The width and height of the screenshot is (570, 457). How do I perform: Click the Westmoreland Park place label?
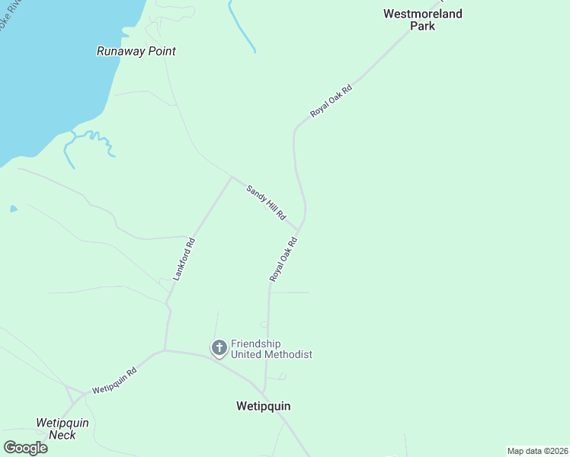pyautogui.click(x=422, y=20)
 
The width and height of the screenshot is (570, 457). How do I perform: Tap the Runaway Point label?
pyautogui.click(x=136, y=51)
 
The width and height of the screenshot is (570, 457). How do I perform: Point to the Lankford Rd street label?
pyautogui.click(x=184, y=260)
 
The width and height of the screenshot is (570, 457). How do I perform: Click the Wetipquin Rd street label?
pyautogui.click(x=114, y=379)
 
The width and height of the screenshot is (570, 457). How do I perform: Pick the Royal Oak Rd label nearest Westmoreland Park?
pyautogui.click(x=331, y=101)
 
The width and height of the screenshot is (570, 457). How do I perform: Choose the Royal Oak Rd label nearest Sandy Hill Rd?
pyautogui.click(x=283, y=260)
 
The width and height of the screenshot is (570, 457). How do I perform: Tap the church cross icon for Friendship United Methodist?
pyautogui.click(x=219, y=348)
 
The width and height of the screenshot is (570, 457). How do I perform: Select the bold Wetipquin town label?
pyautogui.click(x=263, y=406)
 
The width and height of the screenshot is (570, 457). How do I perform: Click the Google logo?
pyautogui.click(x=25, y=447)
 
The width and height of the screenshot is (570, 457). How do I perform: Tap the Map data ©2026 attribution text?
pyautogui.click(x=537, y=450)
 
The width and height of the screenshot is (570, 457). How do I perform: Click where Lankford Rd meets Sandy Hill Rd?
pyautogui.click(x=232, y=177)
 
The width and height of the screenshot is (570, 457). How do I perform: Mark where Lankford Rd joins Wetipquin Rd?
pyautogui.click(x=165, y=351)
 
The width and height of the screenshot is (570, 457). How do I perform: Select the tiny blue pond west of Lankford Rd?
pyautogui.click(x=13, y=208)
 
